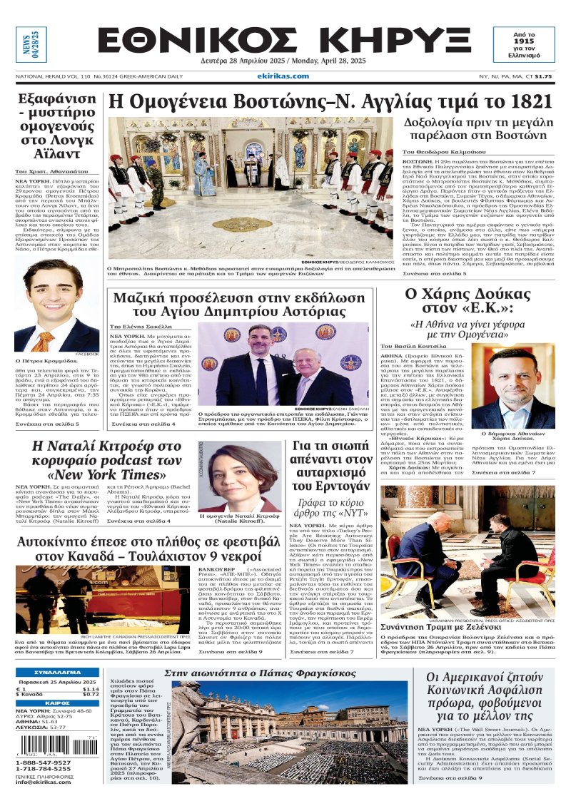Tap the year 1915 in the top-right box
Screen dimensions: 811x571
(x=534, y=42)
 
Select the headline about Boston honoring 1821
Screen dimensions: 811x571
(x=330, y=101)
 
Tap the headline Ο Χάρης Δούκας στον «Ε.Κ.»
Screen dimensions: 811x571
(x=470, y=301)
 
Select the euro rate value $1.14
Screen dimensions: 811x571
(x=91, y=689)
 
